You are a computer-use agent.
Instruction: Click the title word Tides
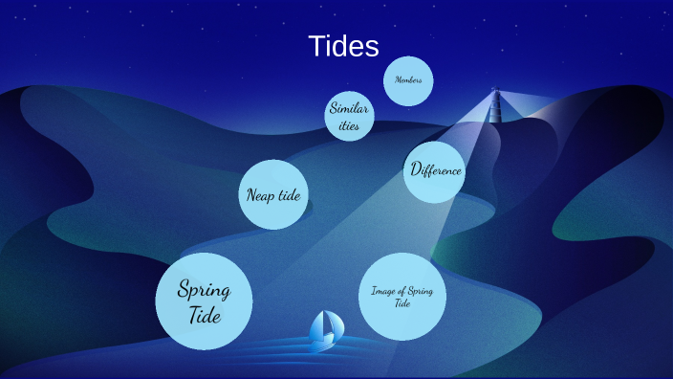coord(343,47)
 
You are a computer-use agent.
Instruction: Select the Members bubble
coord(408,80)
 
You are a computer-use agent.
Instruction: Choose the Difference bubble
coord(435,171)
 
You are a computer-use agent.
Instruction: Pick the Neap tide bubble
coord(273,194)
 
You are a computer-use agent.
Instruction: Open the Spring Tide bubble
coord(204,301)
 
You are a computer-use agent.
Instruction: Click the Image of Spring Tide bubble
coord(402,296)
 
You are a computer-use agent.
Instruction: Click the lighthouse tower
coord(495,105)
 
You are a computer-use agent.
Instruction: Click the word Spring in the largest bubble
coord(204,289)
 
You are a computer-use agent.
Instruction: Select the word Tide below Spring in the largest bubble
coord(204,314)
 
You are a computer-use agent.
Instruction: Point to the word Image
coord(381,291)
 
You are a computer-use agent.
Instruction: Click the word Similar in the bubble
coord(349,108)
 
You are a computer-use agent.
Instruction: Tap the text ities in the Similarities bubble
coord(349,125)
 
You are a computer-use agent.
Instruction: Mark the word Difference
coord(436,170)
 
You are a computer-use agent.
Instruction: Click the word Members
coord(408,79)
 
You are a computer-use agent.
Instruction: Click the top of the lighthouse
coord(495,92)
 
